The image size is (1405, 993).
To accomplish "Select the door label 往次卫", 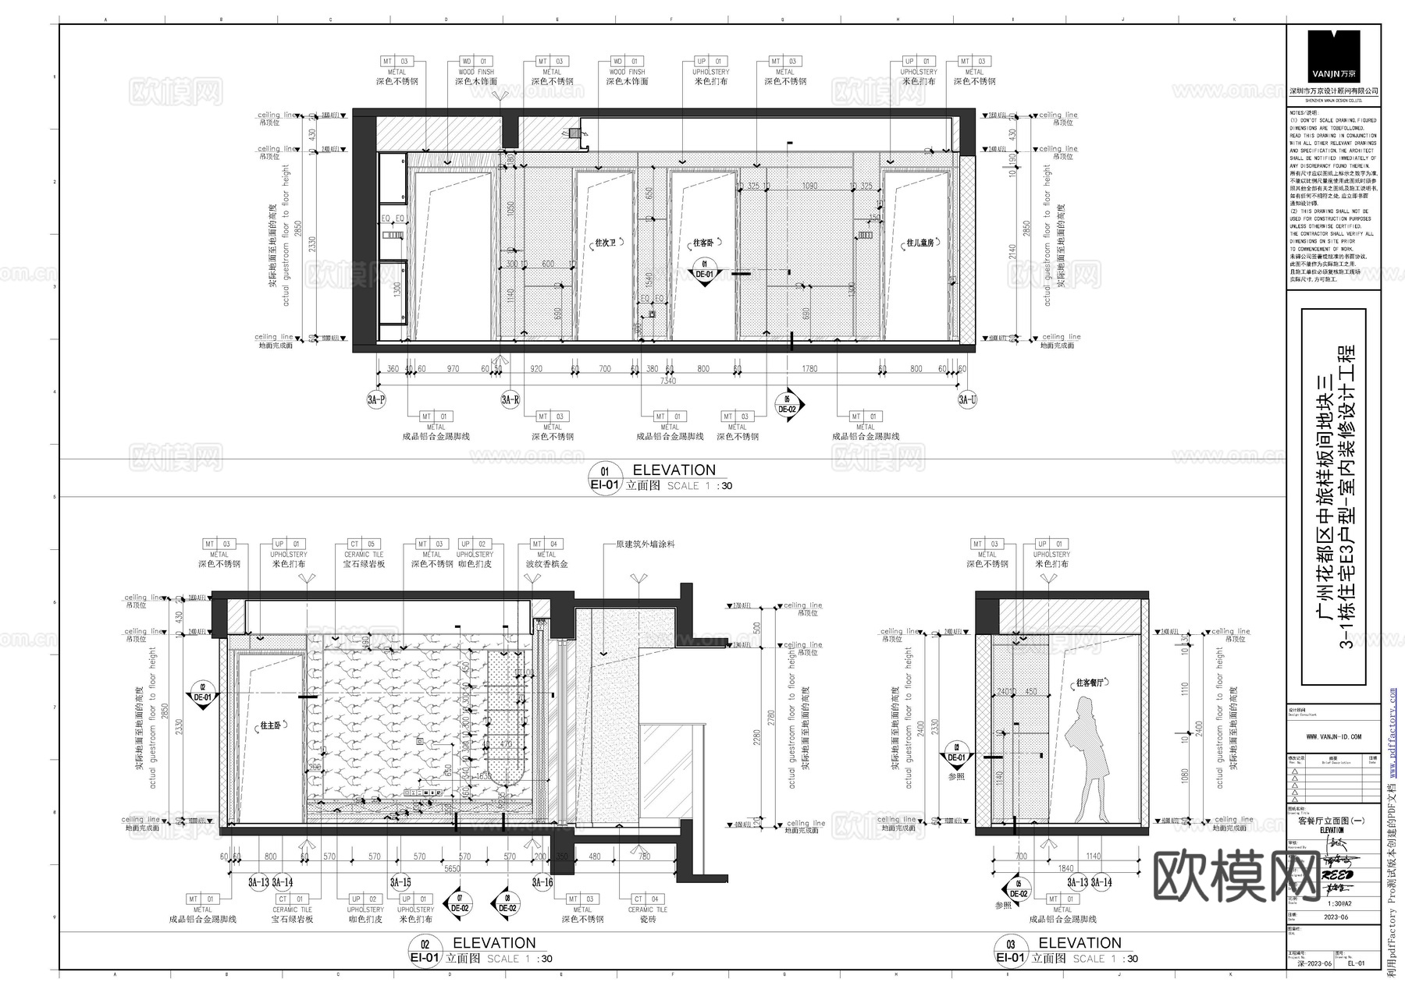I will [x=606, y=243].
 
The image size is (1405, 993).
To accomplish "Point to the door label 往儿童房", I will [x=919, y=243].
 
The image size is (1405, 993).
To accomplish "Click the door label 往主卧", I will [x=270, y=725].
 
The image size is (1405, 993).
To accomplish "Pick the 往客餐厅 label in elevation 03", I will [x=1090, y=683].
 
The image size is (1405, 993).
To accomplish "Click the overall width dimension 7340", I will [x=667, y=381].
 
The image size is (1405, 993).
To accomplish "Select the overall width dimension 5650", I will [x=453, y=868].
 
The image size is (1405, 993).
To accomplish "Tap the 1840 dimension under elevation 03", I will [x=1065, y=868].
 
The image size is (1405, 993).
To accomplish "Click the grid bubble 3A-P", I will [x=376, y=400].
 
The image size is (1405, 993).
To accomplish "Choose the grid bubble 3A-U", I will [x=967, y=400].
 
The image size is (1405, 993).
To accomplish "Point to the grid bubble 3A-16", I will [x=542, y=882].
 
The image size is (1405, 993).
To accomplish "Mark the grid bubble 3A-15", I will [x=400, y=882].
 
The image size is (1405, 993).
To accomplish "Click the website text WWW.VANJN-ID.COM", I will [x=1333, y=736].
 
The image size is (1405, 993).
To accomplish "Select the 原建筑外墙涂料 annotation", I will [x=645, y=544].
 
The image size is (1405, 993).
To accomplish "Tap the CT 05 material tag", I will [x=363, y=544].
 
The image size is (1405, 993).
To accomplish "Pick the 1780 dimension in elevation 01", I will [x=809, y=369].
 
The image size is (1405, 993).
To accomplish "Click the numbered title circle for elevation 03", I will [x=1011, y=944].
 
